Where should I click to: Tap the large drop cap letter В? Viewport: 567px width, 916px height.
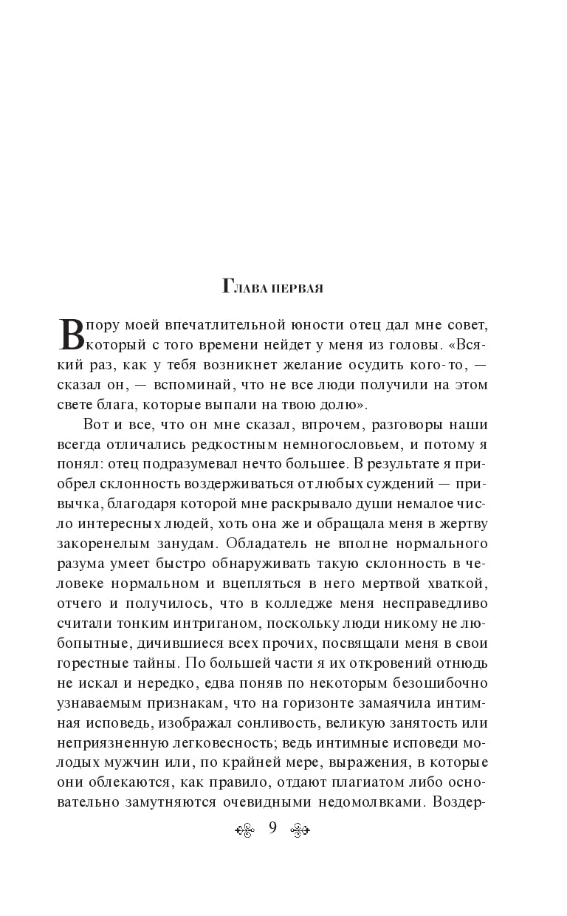click(x=72, y=333)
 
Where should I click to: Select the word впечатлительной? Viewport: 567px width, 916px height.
click(x=227, y=326)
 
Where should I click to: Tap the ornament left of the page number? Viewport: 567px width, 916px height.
click(x=244, y=830)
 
